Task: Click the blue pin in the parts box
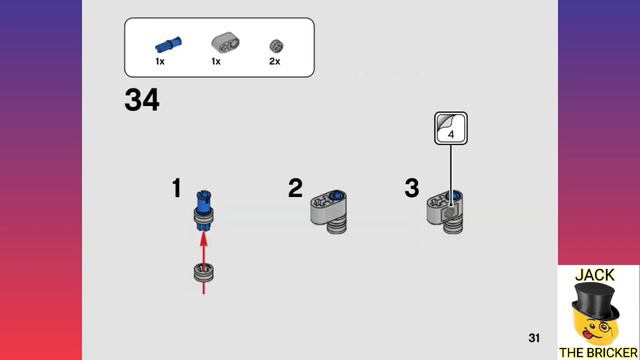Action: point(169,44)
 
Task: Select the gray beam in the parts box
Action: point(225,42)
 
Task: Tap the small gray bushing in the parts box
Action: point(276,46)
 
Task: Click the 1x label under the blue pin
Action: point(160,62)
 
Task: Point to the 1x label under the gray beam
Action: point(216,62)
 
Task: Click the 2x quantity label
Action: point(275,62)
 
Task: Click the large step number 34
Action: point(142,100)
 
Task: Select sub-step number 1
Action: point(176,188)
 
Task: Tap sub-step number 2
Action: point(296,188)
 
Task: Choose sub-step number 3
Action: point(412,188)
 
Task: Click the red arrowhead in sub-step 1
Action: point(204,239)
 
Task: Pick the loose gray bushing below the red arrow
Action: point(204,273)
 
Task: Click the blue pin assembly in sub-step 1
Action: point(204,211)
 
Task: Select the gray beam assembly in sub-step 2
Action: point(329,212)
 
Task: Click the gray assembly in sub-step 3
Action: point(445,212)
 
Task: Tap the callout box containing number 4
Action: point(451,128)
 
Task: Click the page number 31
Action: point(534,338)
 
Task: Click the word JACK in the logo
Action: point(595,275)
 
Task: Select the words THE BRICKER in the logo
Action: point(598,353)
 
